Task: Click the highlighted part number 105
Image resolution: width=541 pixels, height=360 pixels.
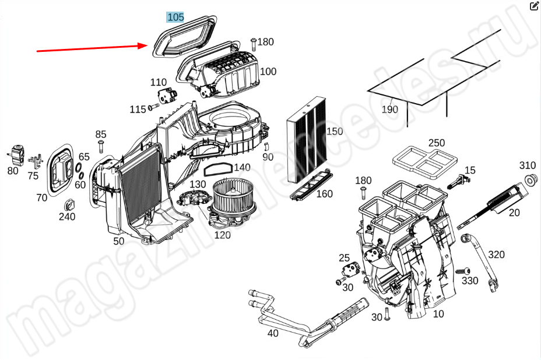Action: pos(175,17)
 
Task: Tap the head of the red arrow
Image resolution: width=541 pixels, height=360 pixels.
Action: pos(147,45)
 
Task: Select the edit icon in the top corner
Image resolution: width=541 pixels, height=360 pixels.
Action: pos(534,6)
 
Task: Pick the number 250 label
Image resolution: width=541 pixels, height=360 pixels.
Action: pos(437,143)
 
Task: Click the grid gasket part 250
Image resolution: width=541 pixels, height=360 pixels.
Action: pos(425,161)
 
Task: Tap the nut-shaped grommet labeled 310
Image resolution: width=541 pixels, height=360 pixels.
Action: pos(530,180)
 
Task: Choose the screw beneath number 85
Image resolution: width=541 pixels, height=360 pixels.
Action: pos(101,146)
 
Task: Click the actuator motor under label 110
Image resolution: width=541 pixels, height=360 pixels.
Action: pos(167,95)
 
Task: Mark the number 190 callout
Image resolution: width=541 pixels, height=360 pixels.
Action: pos(390,110)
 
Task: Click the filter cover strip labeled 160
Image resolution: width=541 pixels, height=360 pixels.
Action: pos(311,185)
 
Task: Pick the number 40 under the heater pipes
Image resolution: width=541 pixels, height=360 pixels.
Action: pos(273,333)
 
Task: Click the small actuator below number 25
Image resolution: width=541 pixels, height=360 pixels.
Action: pos(351,270)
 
